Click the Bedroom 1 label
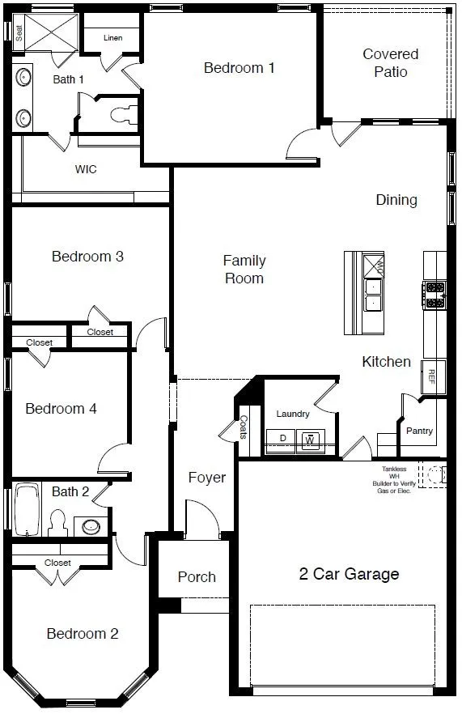(x=239, y=68)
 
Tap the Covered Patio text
(x=390, y=63)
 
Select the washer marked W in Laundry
(x=309, y=440)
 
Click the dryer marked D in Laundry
(x=282, y=439)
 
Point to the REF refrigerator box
(x=431, y=376)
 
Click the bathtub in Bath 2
(x=27, y=510)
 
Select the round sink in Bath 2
(x=91, y=526)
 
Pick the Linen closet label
(x=113, y=38)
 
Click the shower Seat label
(x=19, y=32)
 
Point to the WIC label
(x=86, y=169)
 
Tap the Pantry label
(x=419, y=431)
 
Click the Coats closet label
(x=244, y=427)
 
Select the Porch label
(x=197, y=576)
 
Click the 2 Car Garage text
(x=349, y=574)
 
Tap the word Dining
(x=396, y=199)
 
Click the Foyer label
(x=207, y=478)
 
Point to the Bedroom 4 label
(x=61, y=408)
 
